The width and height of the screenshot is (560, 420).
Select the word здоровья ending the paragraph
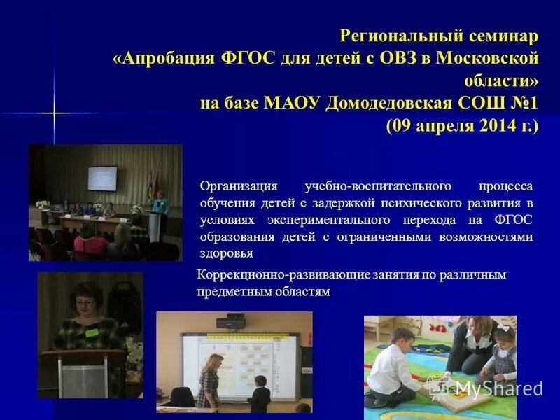point(226,253)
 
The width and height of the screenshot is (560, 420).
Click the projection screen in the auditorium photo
point(101,178)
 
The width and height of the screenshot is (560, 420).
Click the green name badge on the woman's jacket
point(92,332)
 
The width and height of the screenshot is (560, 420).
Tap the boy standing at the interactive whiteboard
point(261,393)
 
